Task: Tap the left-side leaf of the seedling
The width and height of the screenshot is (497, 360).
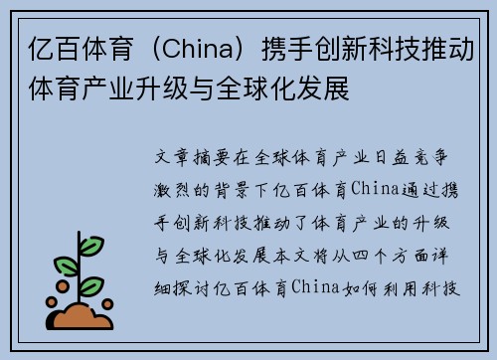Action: (x=66, y=267)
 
